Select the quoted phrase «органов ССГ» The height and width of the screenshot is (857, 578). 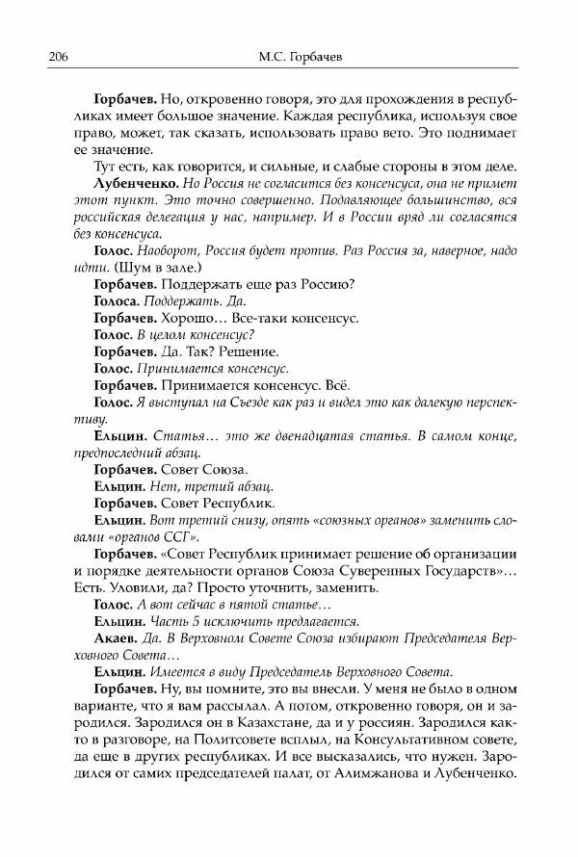101,536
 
